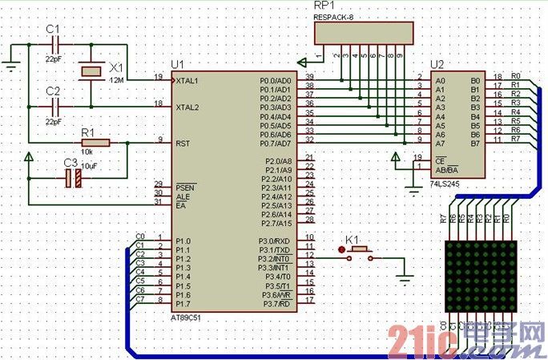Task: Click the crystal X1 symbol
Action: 92,71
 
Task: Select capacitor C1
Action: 54,46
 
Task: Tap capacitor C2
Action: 54,104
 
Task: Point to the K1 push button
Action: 357,251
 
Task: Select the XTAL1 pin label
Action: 188,81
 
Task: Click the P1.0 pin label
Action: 183,241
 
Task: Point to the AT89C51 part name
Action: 188,316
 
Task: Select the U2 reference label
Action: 437,64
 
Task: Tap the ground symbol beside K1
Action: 404,277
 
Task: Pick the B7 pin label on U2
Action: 475,144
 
